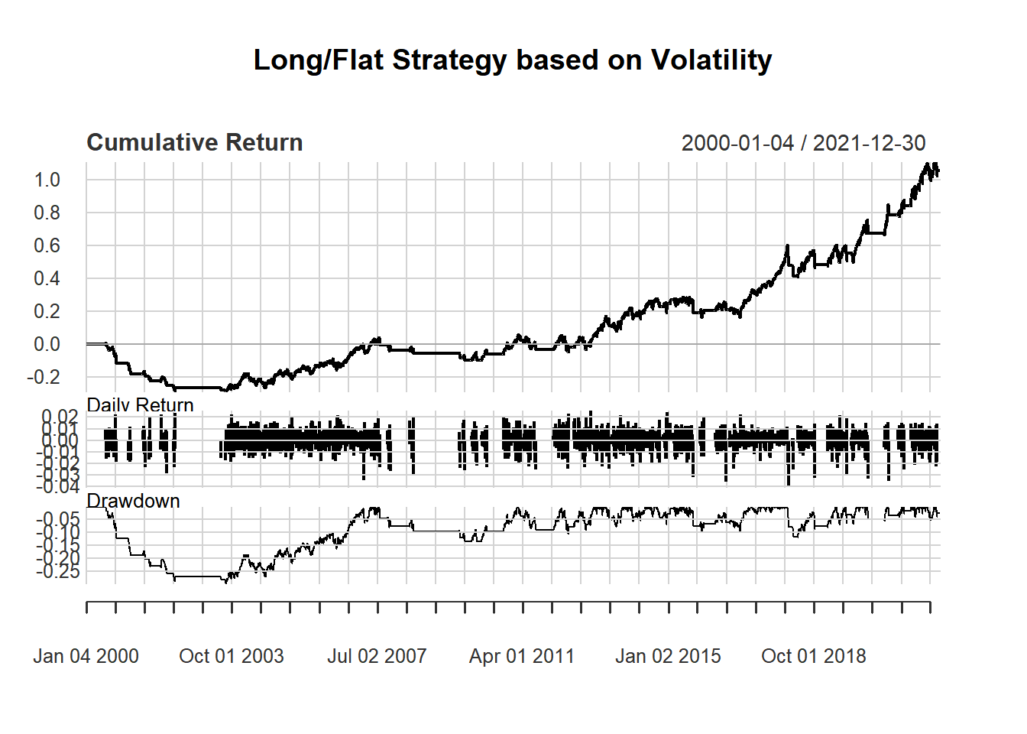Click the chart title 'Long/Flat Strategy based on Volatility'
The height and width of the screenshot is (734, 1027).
[513, 60]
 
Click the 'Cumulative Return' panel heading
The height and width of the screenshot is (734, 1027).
[195, 143]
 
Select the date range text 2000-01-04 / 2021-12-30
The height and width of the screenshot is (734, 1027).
[803, 143]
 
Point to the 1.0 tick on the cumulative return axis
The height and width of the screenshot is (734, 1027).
[47, 180]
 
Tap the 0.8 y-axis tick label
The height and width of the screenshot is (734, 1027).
[47, 213]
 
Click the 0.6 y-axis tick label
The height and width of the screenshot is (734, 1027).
[47, 245]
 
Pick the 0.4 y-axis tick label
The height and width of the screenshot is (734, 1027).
[47, 278]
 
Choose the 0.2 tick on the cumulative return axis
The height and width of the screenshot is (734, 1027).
[47, 311]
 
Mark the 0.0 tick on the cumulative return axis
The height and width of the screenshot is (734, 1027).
[47, 344]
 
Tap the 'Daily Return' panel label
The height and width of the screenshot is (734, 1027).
[140, 405]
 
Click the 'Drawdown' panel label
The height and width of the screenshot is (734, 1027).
[133, 501]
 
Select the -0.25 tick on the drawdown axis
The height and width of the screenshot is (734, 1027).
[58, 571]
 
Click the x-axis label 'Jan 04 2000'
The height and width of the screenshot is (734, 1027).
[86, 656]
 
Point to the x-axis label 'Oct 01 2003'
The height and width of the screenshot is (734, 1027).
[231, 656]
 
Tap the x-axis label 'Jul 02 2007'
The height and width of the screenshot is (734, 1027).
[377, 656]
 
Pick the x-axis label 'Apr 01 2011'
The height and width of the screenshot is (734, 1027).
[522, 656]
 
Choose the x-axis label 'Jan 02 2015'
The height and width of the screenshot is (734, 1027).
[668, 656]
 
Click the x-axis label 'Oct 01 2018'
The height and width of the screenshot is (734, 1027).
[814, 656]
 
